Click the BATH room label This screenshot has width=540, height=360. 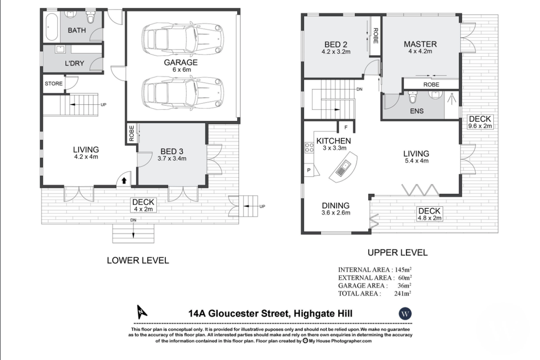click(x=76, y=31)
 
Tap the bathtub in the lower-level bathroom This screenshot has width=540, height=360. click(x=51, y=27)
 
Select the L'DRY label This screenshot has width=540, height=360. click(x=75, y=63)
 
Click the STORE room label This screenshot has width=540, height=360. click(x=54, y=83)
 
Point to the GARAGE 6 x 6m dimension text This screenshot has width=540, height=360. click(x=181, y=70)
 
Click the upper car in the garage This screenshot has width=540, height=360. click(x=183, y=39)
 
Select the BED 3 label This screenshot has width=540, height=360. click(x=172, y=152)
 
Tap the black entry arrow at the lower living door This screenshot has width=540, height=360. click(x=124, y=180)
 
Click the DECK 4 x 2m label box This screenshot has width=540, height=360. click(x=143, y=205)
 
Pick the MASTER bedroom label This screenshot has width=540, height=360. click(x=420, y=44)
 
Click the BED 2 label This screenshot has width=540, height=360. click(x=336, y=45)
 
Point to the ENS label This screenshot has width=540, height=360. click(x=417, y=111)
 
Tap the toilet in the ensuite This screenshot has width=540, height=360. click(x=412, y=97)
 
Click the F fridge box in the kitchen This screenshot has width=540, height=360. click(x=346, y=127)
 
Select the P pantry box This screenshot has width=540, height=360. click(x=309, y=170)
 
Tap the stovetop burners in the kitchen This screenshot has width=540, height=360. click(x=309, y=148)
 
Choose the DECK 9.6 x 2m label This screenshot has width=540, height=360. click(x=480, y=122)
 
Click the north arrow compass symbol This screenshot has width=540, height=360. click(x=142, y=312)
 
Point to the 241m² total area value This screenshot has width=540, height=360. click(x=403, y=293)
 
